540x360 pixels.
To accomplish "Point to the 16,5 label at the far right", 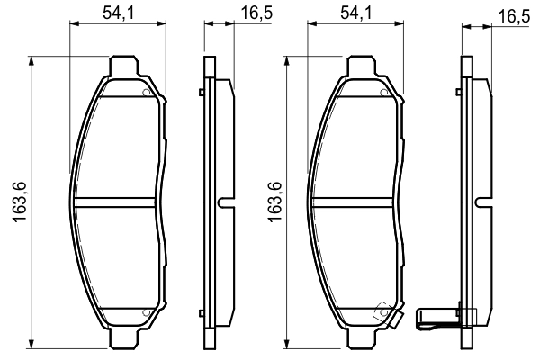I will pos(511,16).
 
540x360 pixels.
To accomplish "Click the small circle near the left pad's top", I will pos(145,92).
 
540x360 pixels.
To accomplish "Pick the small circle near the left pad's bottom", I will pos(145,312).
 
